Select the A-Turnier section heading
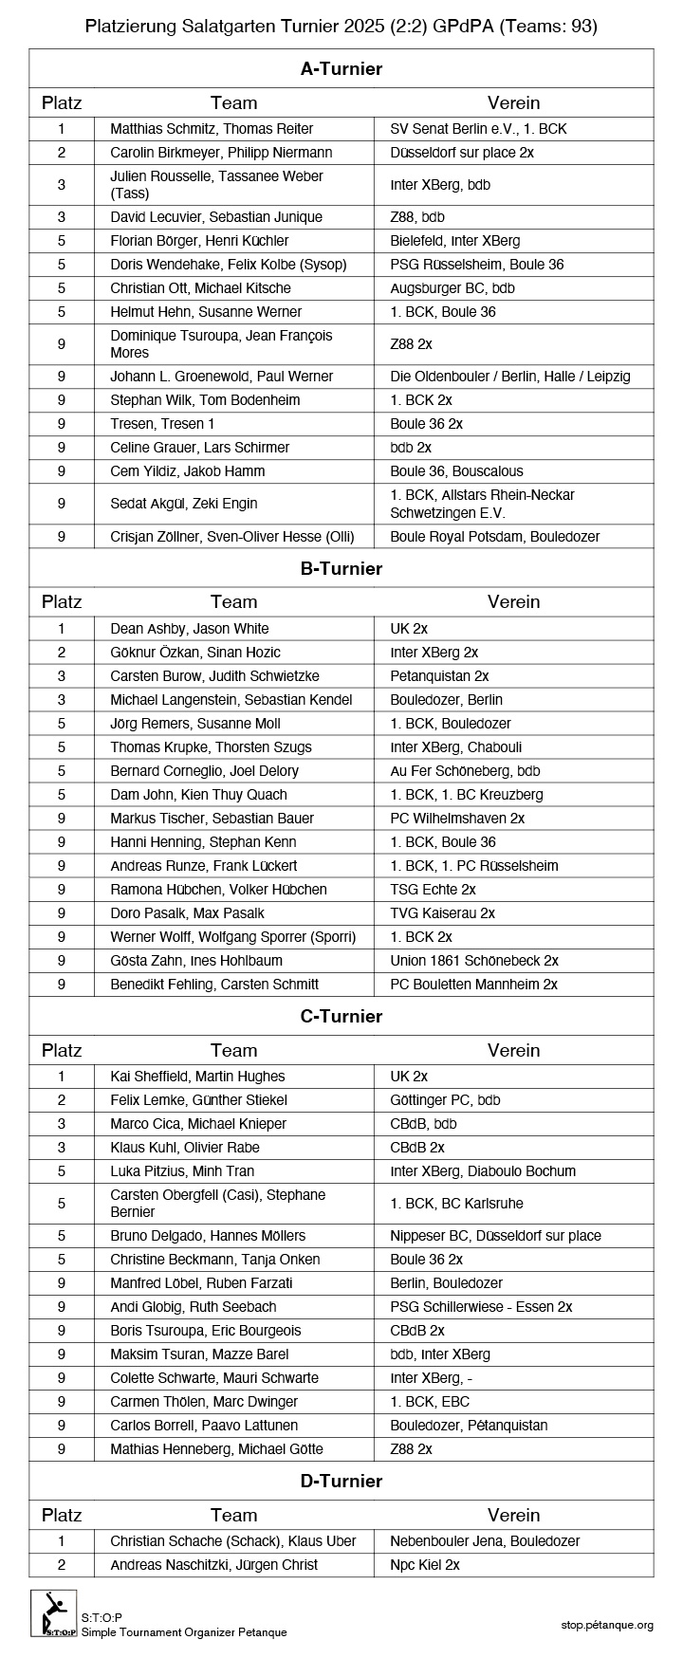point(341,68)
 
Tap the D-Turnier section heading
point(341,1481)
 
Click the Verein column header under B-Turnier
point(513,601)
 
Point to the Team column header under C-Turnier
point(234,1050)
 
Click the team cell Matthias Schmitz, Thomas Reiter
point(212,128)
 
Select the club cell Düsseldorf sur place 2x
point(462,152)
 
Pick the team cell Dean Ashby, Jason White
point(190,628)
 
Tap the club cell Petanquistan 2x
point(439,675)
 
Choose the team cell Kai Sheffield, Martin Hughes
point(197,1076)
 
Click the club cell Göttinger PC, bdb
point(445,1099)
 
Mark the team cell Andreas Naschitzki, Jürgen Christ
point(214,1564)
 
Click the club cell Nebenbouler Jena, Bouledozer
point(485,1540)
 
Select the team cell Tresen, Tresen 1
point(162,423)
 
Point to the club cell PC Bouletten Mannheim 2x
point(473,984)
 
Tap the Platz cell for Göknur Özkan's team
point(62,652)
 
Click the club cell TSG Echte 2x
point(433,889)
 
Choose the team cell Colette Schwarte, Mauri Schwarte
point(214,1377)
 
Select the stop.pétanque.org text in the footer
point(607,1625)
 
